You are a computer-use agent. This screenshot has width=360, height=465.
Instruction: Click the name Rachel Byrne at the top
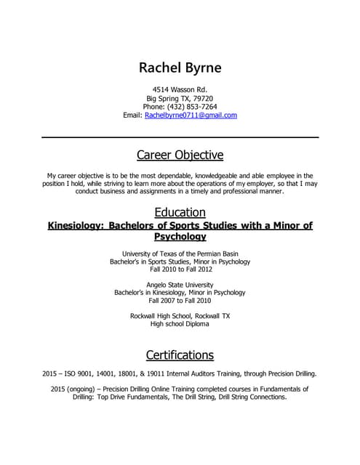click(180, 68)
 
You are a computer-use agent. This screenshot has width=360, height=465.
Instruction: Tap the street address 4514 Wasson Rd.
click(180, 89)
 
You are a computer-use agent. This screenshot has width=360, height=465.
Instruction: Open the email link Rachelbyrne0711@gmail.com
click(191, 116)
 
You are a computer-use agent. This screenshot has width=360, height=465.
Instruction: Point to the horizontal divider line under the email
click(180, 137)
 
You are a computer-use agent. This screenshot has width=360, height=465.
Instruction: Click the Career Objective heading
click(180, 155)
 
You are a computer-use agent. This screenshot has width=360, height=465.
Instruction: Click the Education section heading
click(180, 212)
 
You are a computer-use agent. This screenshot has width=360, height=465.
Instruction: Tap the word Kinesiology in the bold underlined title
click(75, 226)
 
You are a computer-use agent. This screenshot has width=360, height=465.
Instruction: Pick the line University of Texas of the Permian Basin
click(180, 253)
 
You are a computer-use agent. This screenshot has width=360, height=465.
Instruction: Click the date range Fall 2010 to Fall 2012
click(180, 269)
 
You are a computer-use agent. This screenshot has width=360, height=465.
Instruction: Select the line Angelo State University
click(180, 285)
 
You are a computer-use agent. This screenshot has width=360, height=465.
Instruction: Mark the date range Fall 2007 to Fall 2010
click(180, 301)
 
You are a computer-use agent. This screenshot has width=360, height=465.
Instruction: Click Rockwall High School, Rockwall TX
click(180, 316)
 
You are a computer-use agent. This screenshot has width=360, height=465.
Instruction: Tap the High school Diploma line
click(180, 324)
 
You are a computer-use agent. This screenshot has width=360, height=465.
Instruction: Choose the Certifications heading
click(180, 355)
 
